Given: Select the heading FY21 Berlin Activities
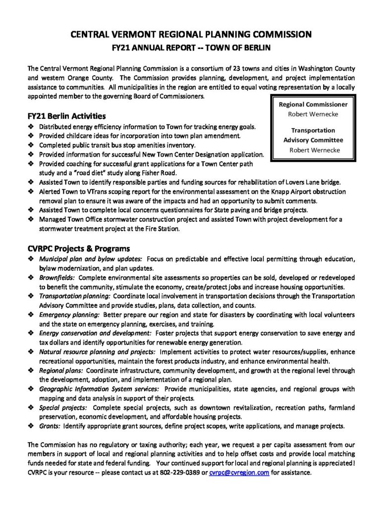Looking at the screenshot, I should tap(66, 116).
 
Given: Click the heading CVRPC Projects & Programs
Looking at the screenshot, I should tap(79, 248).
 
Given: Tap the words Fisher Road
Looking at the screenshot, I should tap(147, 173).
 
